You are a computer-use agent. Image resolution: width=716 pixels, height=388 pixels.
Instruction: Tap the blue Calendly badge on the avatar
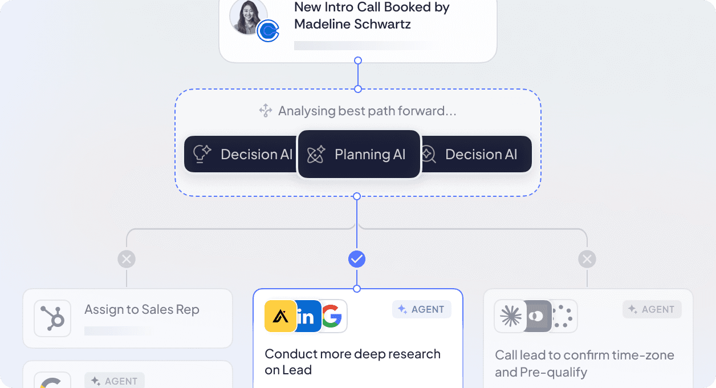(x=267, y=31)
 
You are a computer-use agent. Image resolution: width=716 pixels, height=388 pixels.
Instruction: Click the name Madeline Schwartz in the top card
(x=352, y=25)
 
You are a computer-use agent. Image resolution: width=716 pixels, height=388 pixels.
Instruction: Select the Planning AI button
(x=359, y=154)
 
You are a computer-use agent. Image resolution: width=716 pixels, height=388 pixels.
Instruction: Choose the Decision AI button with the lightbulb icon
(x=242, y=154)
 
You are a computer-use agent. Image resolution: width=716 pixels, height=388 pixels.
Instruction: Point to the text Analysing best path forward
(x=367, y=111)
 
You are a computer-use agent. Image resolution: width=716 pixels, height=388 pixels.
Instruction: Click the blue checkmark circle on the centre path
(x=357, y=260)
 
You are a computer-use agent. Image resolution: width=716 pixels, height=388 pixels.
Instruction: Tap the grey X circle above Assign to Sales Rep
(x=127, y=260)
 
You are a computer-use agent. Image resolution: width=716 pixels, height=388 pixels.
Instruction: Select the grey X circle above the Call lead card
(x=587, y=260)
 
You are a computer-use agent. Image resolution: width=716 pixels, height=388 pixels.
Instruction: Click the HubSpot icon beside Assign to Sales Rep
(x=52, y=318)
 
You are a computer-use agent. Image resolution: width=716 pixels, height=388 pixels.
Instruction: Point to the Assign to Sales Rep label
(x=142, y=310)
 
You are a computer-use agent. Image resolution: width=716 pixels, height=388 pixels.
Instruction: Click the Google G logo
(x=333, y=316)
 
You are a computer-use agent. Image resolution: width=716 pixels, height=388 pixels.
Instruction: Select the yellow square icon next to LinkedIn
(x=280, y=316)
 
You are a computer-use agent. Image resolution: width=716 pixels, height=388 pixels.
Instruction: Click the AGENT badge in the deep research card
(x=422, y=309)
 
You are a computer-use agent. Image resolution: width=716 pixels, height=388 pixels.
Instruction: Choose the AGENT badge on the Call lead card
(x=652, y=309)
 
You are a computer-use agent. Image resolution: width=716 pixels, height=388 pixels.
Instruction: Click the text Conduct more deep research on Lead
(x=352, y=361)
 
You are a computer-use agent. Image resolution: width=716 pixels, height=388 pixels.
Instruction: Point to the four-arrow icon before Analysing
(x=266, y=111)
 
